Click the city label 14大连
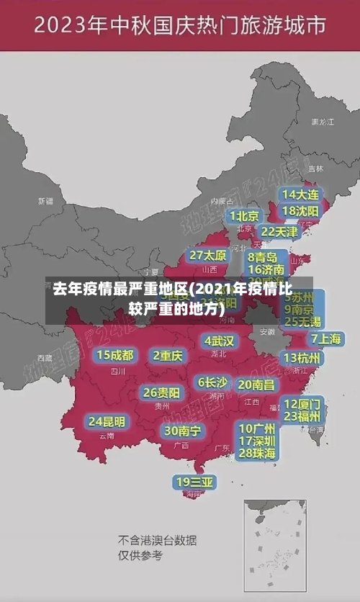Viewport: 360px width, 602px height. point(301,194)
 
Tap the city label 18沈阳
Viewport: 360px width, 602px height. point(301,211)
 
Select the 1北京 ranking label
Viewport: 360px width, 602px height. point(245,216)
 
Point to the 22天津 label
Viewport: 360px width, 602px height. point(279,232)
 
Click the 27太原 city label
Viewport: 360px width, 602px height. point(208,256)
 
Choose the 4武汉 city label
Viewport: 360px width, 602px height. point(219,341)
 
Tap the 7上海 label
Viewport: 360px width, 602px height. point(325,338)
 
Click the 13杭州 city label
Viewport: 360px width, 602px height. point(303,358)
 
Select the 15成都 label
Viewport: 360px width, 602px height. point(115,355)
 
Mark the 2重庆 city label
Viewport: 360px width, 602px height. point(168,355)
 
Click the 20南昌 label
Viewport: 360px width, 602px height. point(256,385)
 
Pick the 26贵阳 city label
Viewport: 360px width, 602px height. point(161,392)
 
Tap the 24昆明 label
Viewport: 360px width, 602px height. point(107,421)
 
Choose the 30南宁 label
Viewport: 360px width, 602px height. point(182,431)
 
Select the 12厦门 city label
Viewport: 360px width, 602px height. point(302,403)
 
